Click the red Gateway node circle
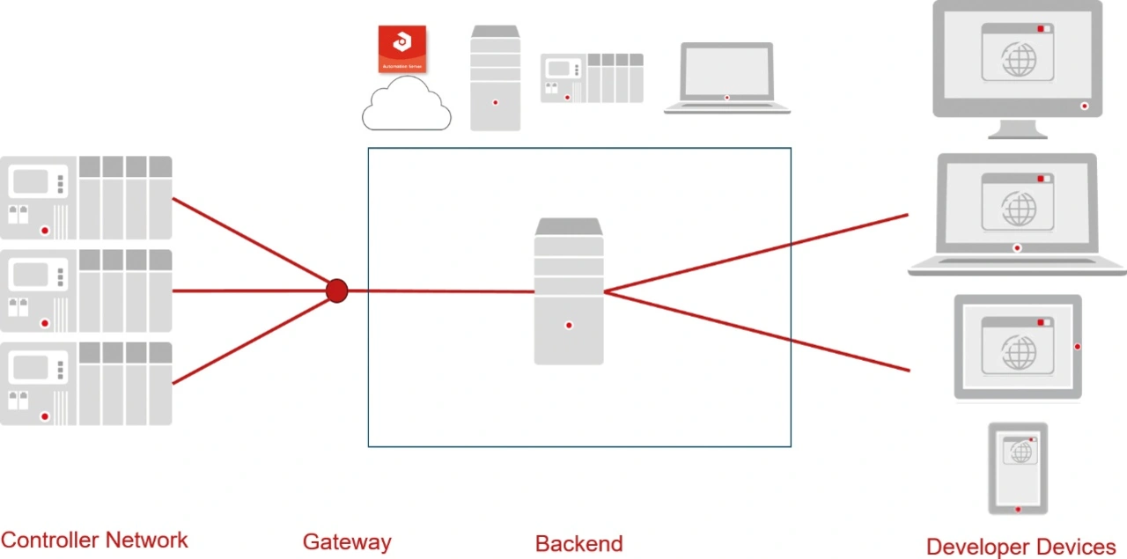[x=336, y=291]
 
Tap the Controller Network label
[x=94, y=540]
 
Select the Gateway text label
[x=347, y=542]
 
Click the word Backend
[x=578, y=544]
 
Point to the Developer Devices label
[x=1020, y=547]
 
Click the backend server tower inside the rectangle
[x=569, y=292]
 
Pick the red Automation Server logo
[x=402, y=49]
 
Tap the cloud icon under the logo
[x=406, y=106]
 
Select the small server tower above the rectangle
[x=495, y=78]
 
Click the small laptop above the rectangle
[x=727, y=78]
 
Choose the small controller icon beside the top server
[x=592, y=78]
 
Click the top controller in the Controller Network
[x=85, y=198]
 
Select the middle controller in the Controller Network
[x=85, y=291]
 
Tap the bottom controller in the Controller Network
[x=85, y=384]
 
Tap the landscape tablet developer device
[x=1018, y=347]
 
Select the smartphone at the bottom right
[x=1018, y=467]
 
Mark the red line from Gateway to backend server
[x=440, y=291]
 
